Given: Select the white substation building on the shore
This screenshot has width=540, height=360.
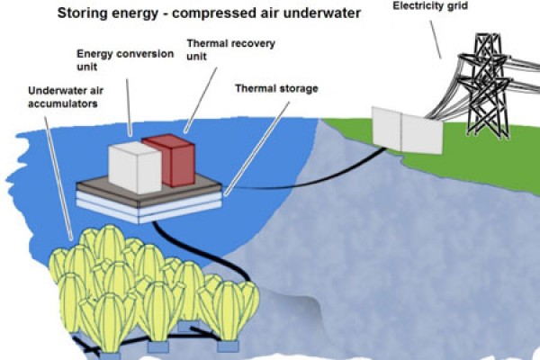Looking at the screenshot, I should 408,132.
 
